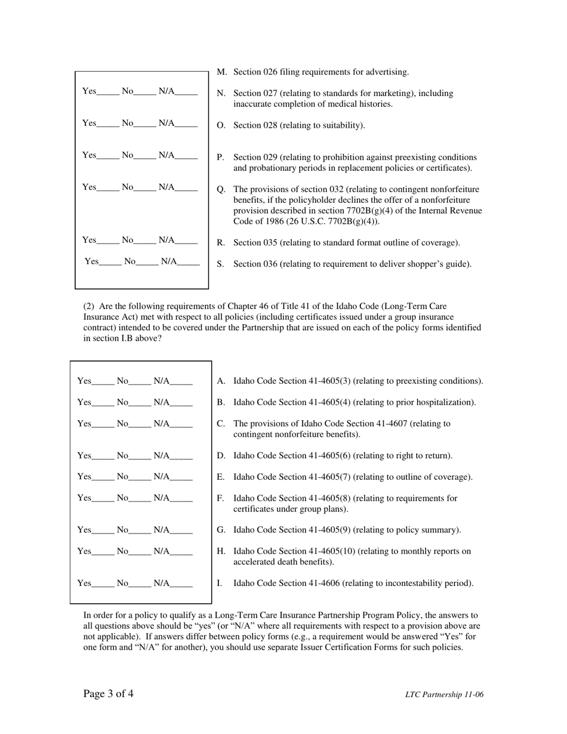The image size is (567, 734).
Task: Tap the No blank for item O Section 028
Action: [x=144, y=125]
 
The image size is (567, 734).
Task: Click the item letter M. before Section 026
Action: [x=221, y=72]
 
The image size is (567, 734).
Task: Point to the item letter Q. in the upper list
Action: [x=221, y=189]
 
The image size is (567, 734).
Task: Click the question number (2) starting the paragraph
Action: [x=89, y=306]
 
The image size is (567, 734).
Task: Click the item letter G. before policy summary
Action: [x=221, y=530]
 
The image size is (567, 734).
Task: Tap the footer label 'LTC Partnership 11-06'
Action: [x=444, y=695]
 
